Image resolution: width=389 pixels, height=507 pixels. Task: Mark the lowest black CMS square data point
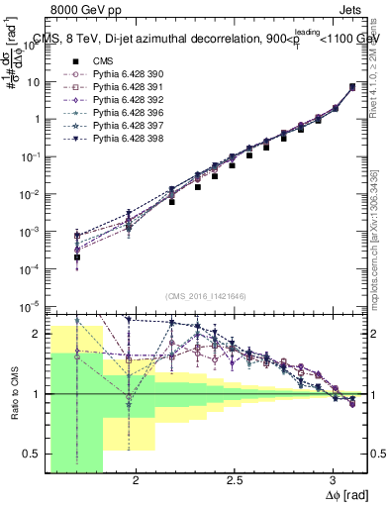76,257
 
